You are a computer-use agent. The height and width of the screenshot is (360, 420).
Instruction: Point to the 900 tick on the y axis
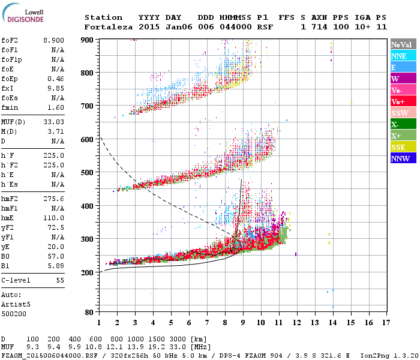point(88,40)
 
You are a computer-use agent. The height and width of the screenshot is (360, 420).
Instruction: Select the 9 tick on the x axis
point(243,323)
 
